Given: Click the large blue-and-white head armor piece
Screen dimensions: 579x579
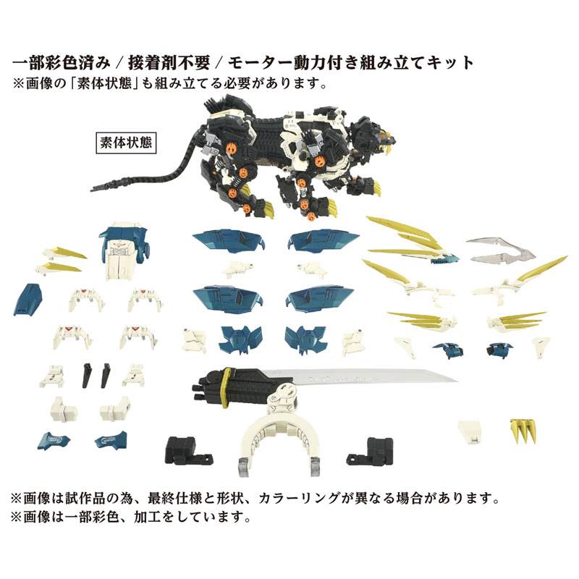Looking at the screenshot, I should coord(123,250).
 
